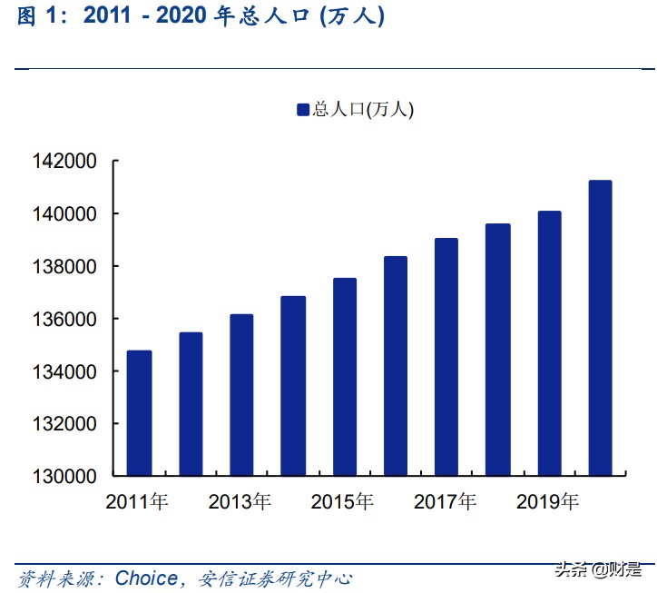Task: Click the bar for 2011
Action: click(x=139, y=413)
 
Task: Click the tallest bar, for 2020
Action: click(x=600, y=328)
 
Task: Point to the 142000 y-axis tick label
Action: click(x=64, y=162)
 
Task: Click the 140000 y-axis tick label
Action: click(x=64, y=214)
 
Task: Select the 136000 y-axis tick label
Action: click(x=64, y=320)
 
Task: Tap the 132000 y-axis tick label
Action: click(x=64, y=424)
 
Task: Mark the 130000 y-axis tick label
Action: click(x=64, y=476)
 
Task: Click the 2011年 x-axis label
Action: click(x=137, y=501)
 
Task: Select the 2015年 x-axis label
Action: click(x=342, y=501)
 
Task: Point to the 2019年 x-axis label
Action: click(x=547, y=501)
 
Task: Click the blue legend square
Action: click(x=303, y=110)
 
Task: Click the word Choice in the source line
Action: click(x=146, y=578)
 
